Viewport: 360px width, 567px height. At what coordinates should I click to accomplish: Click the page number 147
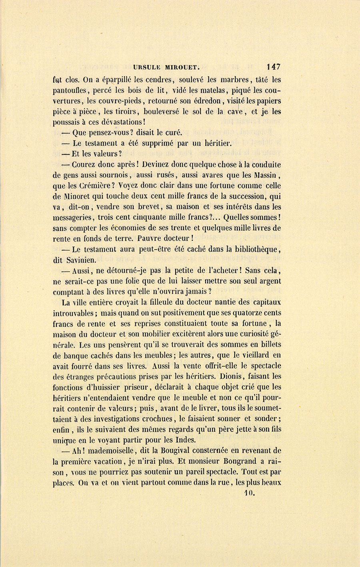[272, 67]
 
